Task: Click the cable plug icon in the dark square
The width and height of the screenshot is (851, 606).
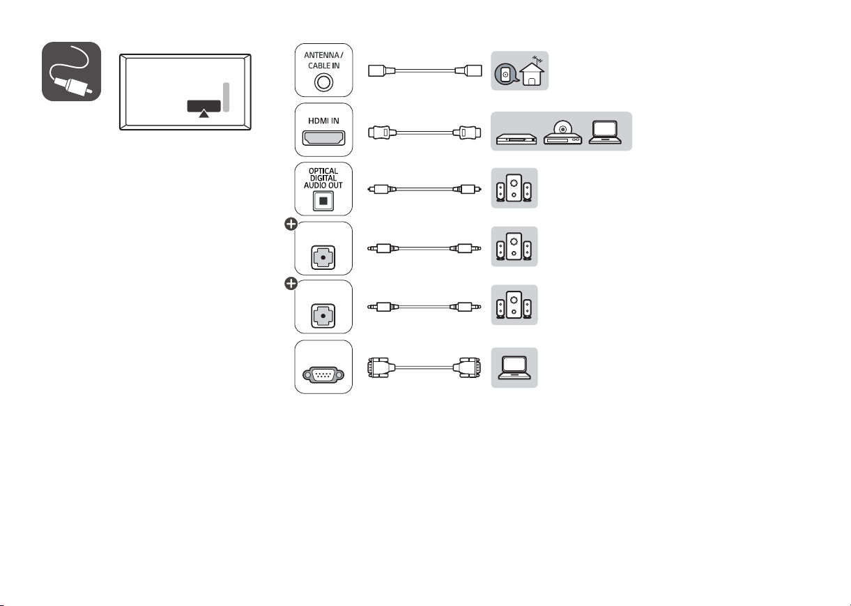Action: pos(71,71)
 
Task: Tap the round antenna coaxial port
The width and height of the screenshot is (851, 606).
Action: pos(323,82)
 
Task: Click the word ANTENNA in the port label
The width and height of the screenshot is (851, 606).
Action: pos(321,55)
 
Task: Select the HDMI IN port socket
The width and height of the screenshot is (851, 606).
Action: pos(323,137)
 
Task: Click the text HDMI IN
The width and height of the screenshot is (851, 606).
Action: pos(323,121)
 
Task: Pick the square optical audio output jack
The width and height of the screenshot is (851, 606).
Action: pos(323,201)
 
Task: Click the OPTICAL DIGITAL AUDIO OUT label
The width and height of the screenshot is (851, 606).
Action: pos(323,178)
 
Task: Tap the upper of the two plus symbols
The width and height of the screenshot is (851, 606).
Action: pos(291,224)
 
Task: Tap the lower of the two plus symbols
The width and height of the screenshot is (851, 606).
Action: pos(291,283)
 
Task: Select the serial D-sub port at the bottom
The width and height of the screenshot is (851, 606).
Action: pos(323,375)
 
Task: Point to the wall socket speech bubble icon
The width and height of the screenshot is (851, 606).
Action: pos(506,74)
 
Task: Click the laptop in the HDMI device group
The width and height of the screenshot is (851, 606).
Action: pos(605,132)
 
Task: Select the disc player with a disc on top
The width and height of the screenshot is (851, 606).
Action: pos(562,132)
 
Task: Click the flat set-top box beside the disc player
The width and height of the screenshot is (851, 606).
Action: pos(516,139)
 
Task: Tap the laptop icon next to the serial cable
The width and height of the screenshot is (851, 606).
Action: pos(514,368)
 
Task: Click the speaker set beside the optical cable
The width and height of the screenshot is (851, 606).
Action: pos(514,188)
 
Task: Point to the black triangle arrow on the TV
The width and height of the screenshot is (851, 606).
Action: pos(204,113)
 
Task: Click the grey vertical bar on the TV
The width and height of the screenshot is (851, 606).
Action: pos(226,98)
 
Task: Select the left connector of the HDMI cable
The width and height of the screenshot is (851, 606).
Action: pos(382,132)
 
